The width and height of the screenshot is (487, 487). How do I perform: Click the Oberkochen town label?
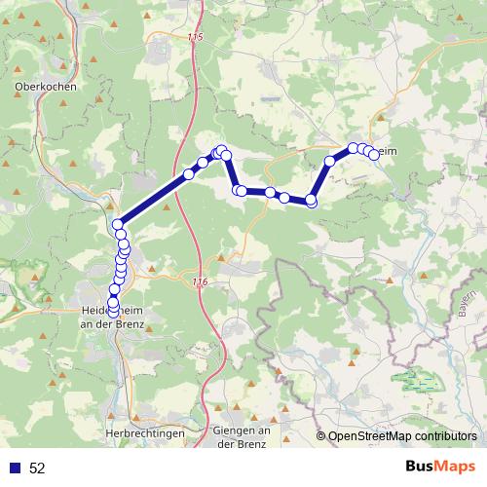[x=45, y=85]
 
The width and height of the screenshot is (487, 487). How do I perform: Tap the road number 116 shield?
[x=200, y=281]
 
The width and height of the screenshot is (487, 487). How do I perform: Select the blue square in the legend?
[x=14, y=468]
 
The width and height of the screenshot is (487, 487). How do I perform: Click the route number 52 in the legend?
[x=37, y=468]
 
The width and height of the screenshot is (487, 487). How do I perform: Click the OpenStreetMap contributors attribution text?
[x=401, y=437]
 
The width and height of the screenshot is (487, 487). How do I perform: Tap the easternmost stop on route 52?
[x=373, y=154]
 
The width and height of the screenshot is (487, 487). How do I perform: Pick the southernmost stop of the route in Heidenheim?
[x=113, y=313]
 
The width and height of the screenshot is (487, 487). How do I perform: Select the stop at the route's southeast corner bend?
[x=312, y=201]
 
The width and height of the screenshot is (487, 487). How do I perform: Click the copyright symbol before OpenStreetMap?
[x=321, y=437]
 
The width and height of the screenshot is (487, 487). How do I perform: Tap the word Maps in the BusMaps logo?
[x=456, y=467]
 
